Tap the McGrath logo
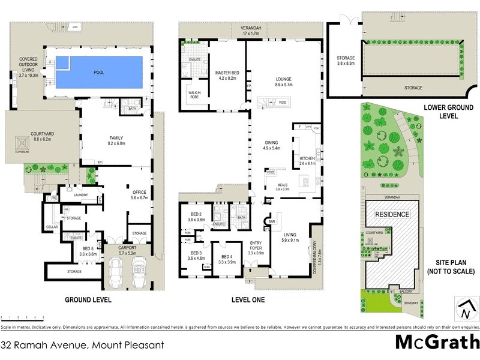tap(437, 343)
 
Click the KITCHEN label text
tap(299, 159)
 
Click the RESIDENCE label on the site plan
tap(392, 214)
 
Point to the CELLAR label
tap(52, 227)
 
